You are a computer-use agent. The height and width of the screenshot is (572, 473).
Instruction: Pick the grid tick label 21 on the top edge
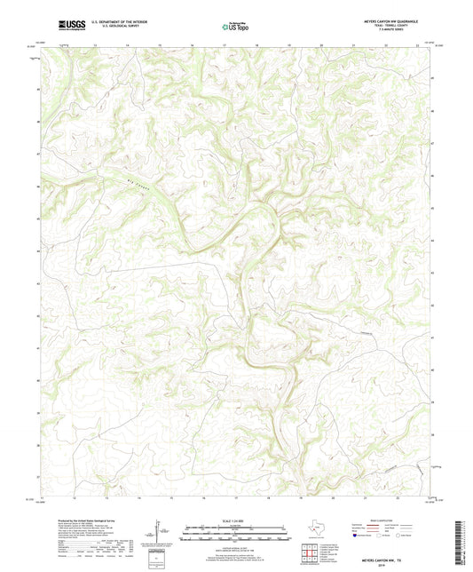click(x=353, y=42)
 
